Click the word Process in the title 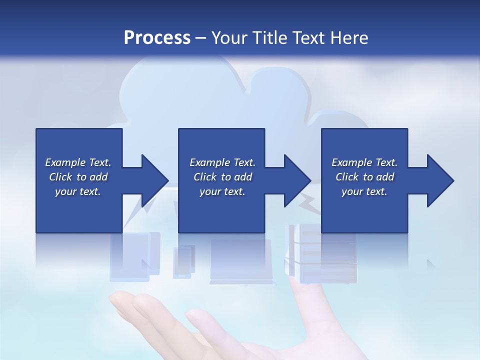(x=157, y=37)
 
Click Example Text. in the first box (x=78, y=162)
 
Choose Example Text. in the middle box (x=222, y=162)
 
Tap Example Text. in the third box (x=364, y=162)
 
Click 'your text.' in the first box (x=78, y=191)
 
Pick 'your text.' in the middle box (x=222, y=191)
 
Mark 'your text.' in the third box (x=364, y=191)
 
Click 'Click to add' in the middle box (x=222, y=177)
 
